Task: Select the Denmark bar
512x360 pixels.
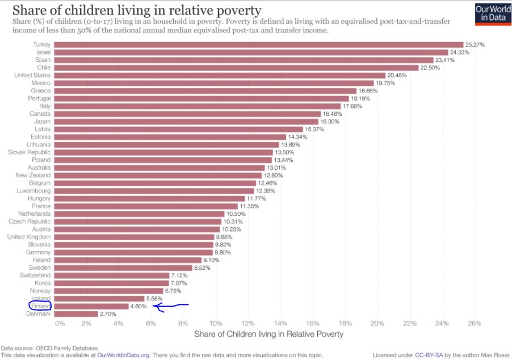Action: tap(76, 313)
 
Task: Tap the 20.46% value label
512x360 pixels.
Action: tap(398, 75)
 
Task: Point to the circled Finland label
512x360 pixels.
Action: tap(40, 306)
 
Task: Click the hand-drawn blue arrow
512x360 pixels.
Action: tap(170, 307)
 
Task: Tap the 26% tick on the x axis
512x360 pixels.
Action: tap(475, 323)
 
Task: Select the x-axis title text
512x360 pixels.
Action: tap(268, 334)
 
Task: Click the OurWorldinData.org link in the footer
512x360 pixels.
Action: tap(123, 355)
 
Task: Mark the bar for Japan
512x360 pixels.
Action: tap(187, 122)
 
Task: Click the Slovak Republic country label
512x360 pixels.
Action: tap(29, 152)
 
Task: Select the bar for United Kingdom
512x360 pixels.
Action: tap(135, 237)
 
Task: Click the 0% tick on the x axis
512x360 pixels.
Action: tap(60, 323)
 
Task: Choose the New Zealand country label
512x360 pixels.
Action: tap(33, 175)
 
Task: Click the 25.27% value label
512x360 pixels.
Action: tap(476, 44)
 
